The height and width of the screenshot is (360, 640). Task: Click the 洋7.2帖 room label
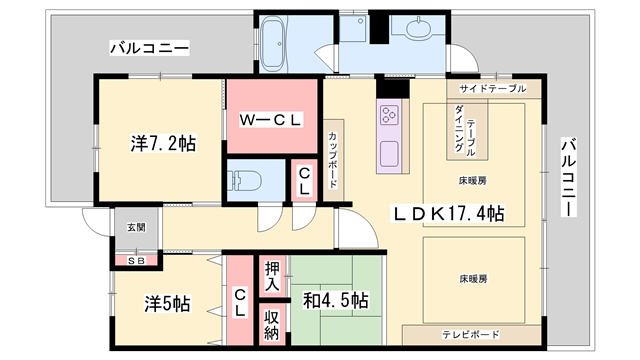[161, 143]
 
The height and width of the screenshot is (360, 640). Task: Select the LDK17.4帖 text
[447, 214]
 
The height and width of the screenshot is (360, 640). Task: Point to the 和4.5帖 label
[335, 301]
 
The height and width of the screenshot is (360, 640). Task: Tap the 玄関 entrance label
[135, 227]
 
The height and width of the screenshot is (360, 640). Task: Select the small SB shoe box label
[134, 261]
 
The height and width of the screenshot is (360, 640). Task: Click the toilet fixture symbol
[246, 182]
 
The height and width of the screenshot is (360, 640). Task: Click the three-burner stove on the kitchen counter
[389, 114]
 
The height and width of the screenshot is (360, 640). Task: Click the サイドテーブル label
[492, 89]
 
